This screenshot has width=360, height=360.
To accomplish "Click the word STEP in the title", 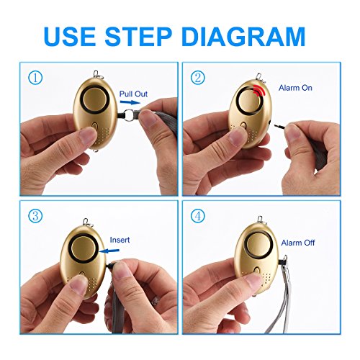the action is click(138, 37).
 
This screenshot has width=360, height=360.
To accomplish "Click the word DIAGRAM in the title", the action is click(243, 37).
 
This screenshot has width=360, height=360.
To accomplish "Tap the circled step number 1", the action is click(35, 78).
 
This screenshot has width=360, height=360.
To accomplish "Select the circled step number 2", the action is click(198, 78).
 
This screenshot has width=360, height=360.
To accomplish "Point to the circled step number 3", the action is click(35, 215).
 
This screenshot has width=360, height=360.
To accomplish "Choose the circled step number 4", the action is click(198, 215).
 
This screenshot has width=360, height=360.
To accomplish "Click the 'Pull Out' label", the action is click(133, 94).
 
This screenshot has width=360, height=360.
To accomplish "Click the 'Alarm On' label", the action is click(295, 88).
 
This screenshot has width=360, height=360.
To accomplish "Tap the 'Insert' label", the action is click(120, 240).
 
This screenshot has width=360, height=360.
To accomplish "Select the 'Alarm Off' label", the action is click(298, 243).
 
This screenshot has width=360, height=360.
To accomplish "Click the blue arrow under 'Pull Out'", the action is click(130, 102).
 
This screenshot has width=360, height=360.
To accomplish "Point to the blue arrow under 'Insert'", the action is click(109, 251).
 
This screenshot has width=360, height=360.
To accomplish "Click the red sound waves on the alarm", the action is click(259, 91).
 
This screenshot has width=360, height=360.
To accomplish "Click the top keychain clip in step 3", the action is click(86, 222).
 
